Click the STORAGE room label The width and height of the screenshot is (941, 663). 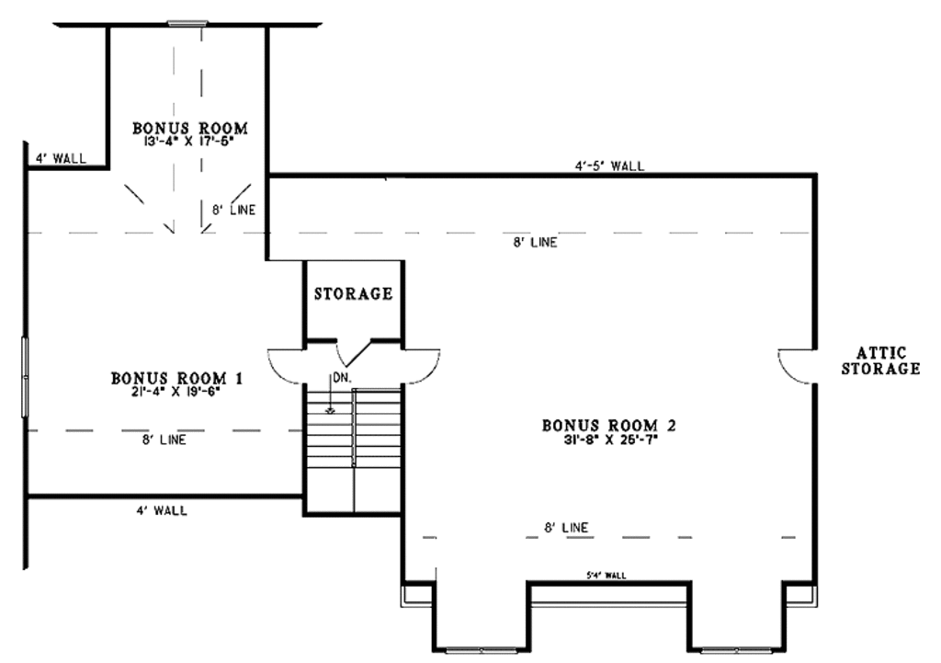[353, 294]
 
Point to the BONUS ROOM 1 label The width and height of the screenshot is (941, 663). [177, 377]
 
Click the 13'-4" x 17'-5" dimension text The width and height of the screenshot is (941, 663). [189, 143]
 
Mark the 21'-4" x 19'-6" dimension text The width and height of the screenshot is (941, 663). [177, 390]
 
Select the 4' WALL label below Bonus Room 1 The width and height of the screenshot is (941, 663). [161, 510]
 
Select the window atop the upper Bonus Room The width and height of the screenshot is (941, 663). [189, 23]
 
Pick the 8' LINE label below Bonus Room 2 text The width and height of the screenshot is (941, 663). [566, 528]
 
